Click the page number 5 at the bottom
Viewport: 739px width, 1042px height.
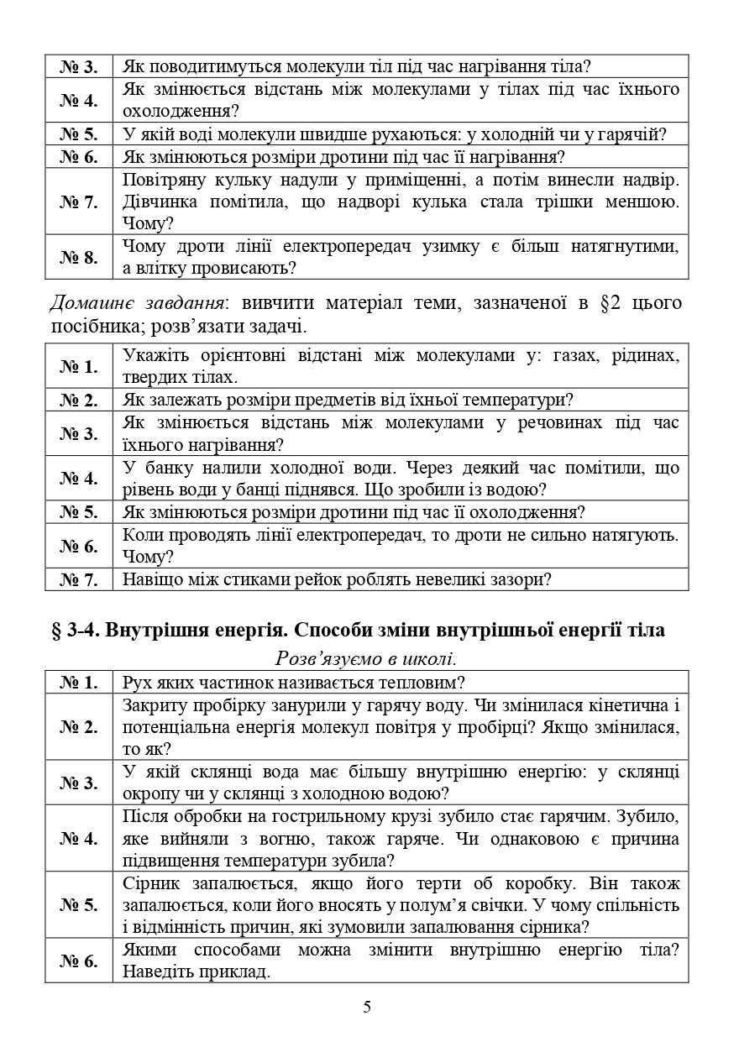pyautogui.click(x=367, y=1007)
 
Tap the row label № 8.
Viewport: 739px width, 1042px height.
pyautogui.click(x=79, y=258)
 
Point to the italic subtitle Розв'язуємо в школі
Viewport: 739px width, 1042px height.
pyautogui.click(x=366, y=658)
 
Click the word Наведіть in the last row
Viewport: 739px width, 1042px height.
pyautogui.click(x=160, y=972)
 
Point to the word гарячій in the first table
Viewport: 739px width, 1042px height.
pyautogui.click(x=636, y=134)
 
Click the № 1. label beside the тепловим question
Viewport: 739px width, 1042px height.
pyautogui.click(x=79, y=682)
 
